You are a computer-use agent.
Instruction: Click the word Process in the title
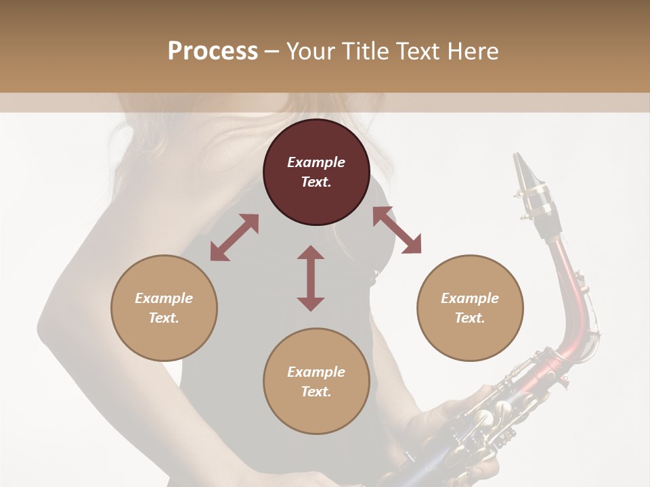click(213, 51)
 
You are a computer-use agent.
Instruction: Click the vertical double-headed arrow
click(311, 279)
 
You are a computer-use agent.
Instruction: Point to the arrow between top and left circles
click(234, 237)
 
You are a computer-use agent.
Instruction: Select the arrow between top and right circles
click(397, 230)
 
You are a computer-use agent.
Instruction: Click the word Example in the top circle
click(316, 162)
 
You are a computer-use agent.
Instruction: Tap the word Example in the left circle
click(164, 298)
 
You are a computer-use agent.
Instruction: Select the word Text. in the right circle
click(470, 318)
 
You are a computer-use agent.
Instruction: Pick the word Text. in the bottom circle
click(316, 392)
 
